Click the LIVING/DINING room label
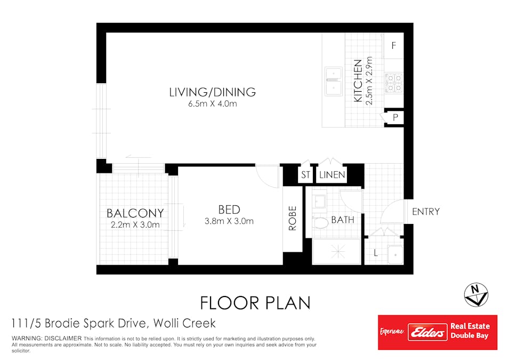(212, 92)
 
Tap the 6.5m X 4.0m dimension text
(213, 104)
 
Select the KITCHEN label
(358, 81)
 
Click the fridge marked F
(394, 45)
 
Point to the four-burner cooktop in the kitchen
(394, 83)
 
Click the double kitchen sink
(334, 82)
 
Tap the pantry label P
(395, 117)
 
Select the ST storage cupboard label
(305, 175)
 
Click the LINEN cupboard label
(332, 175)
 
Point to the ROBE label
(293, 218)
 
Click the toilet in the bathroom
(320, 222)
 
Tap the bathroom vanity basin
(319, 201)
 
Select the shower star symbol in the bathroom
(338, 252)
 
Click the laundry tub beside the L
(395, 255)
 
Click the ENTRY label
(426, 212)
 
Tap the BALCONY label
(135, 213)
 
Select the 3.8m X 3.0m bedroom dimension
(229, 221)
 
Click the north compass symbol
(476, 295)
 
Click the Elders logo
(427, 332)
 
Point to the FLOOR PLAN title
(255, 303)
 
